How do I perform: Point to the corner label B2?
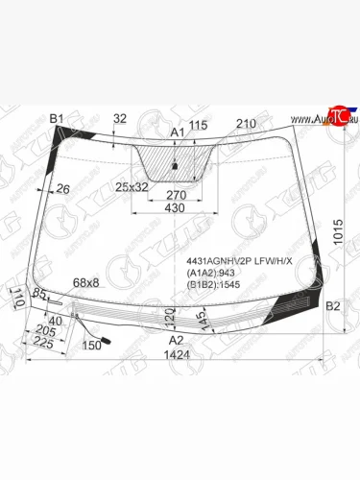pos(333,306)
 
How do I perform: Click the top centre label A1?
pos(177,132)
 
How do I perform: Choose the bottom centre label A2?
pos(176,340)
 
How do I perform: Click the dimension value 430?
pos(175,208)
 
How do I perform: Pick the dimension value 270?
pos(175,194)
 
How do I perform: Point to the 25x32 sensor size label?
pos(132,186)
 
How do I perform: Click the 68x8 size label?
pos(86,282)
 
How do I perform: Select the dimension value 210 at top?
pos(246,123)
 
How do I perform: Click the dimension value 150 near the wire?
pos(92,346)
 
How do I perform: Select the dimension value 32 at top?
pos(119,118)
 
